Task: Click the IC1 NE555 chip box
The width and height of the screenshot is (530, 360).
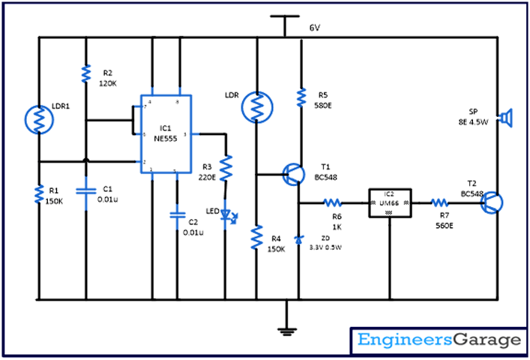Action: click(x=165, y=135)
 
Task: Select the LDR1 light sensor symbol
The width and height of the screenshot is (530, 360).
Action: click(x=37, y=118)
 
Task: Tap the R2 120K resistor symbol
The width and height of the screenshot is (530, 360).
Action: click(x=86, y=73)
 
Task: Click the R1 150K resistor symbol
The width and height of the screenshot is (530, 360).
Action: click(x=37, y=195)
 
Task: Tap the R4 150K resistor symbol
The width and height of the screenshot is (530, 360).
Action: click(x=256, y=237)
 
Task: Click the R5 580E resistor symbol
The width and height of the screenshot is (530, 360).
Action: click(x=301, y=97)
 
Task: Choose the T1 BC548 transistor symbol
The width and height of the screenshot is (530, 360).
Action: click(x=293, y=175)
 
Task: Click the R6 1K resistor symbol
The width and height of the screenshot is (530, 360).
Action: click(x=332, y=202)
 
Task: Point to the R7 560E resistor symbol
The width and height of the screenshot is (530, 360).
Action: click(x=439, y=202)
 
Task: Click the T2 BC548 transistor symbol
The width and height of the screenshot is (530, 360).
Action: click(x=491, y=202)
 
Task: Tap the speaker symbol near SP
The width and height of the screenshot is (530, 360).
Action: click(x=508, y=118)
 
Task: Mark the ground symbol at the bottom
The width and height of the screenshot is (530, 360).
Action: click(x=286, y=328)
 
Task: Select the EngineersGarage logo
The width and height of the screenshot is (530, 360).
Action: click(x=439, y=340)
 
